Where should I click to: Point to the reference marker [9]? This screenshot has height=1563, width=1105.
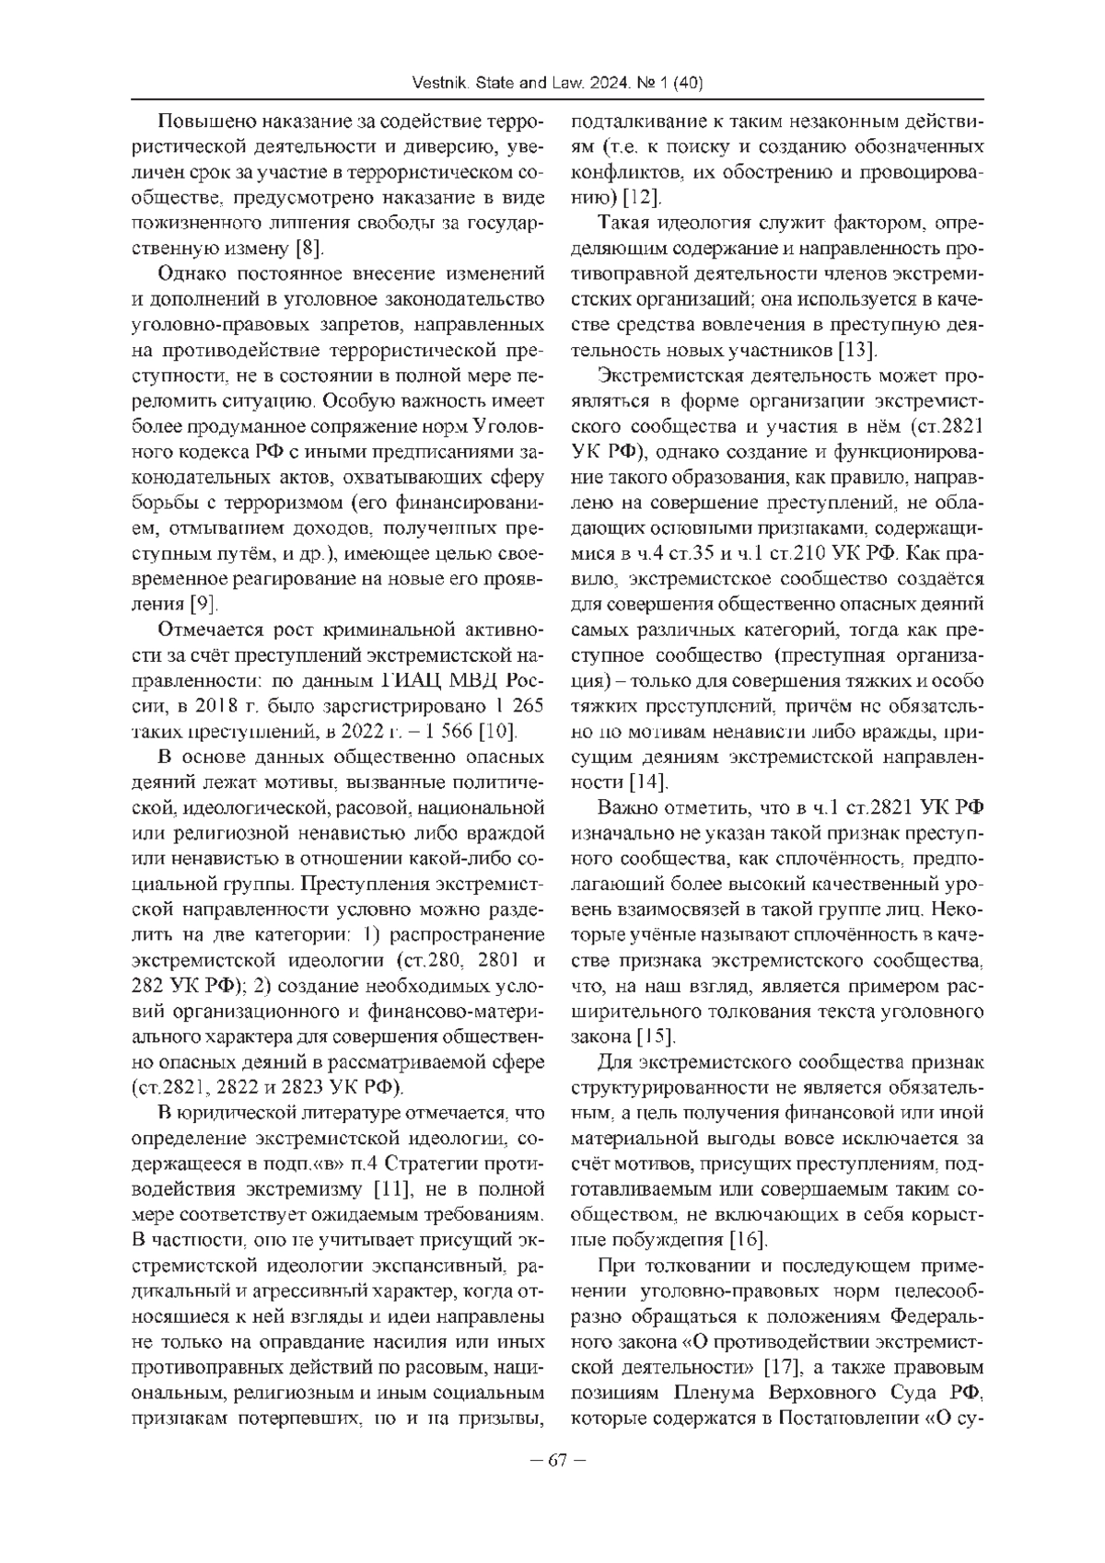pyautogui.click(x=202, y=605)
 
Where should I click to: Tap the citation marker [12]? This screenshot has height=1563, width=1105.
pyautogui.click(x=642, y=197)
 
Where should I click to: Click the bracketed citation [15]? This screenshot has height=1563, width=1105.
pyautogui.click(x=657, y=1036)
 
